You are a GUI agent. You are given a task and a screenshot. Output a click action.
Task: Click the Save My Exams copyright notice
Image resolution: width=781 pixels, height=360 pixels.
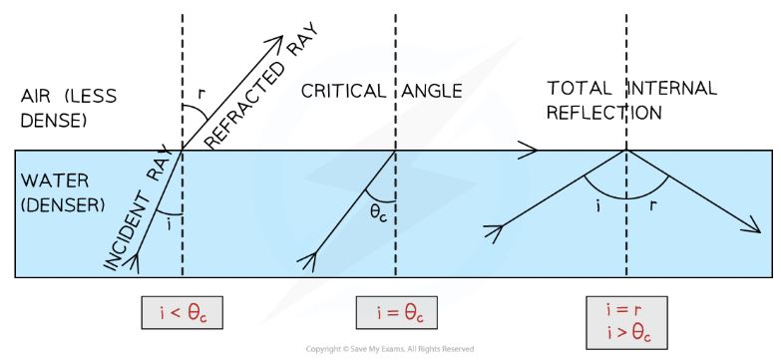tap(390, 349)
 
